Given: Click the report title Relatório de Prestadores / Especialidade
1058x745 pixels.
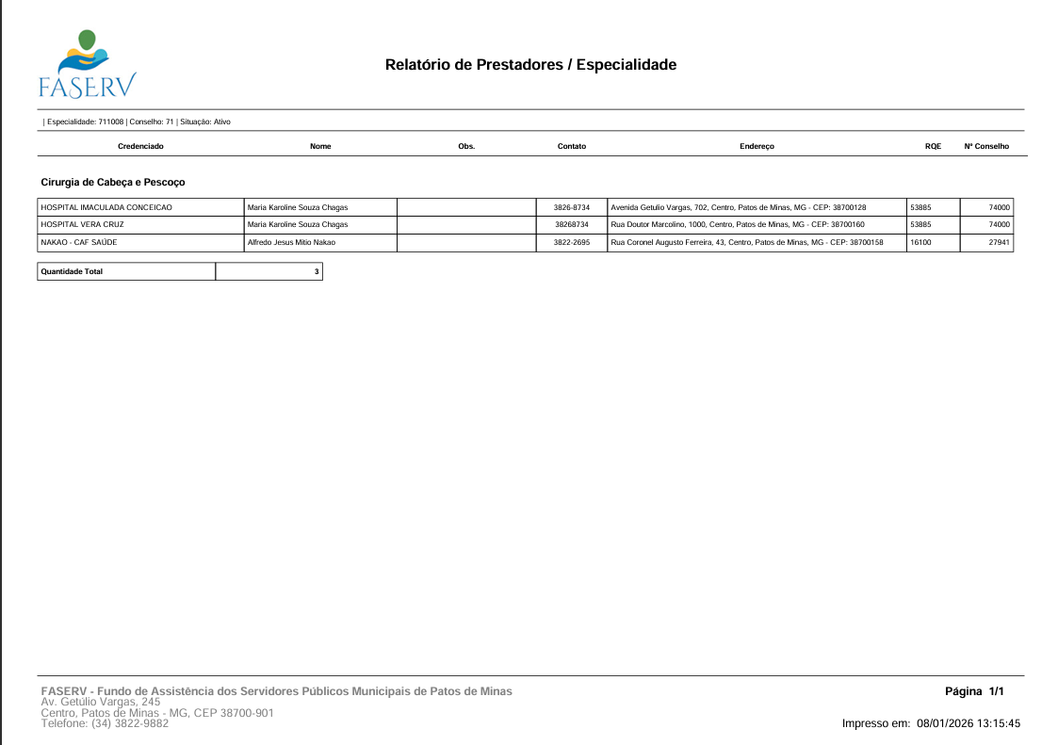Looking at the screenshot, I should point(530,65).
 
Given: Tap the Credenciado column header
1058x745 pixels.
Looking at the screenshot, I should point(140,147).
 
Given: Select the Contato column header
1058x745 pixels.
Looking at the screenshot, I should point(571,147).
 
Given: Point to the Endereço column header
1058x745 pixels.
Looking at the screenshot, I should point(757,147).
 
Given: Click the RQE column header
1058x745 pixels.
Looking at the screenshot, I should point(933,147).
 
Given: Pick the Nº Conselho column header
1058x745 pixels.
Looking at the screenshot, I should point(986,147).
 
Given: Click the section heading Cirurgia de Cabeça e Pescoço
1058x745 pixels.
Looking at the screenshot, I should point(113,181).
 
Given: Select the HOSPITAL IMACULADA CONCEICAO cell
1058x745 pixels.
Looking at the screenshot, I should point(106,207).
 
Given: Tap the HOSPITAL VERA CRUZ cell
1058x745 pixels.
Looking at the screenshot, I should point(83,225).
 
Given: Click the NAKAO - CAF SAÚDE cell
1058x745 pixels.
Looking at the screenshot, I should point(79,243).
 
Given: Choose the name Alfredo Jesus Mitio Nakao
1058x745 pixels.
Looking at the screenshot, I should point(291,243).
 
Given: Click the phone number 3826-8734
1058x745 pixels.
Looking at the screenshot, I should point(571,207).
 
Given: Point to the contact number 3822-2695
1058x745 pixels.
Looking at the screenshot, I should point(571,243).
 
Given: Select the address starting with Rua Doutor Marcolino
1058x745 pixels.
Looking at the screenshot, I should point(738,225).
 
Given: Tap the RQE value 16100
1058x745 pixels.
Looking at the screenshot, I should point(920,243).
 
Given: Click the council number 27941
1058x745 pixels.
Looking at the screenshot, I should point(999,243).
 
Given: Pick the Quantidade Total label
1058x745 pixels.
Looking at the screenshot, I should point(72,271).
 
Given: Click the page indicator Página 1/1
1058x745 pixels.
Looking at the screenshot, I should point(974,692).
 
